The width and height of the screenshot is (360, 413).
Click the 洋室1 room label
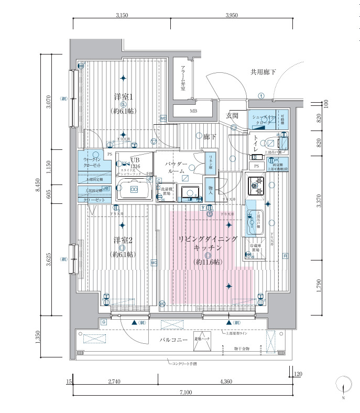tap(124, 97)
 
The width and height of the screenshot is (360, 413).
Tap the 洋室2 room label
tap(124, 241)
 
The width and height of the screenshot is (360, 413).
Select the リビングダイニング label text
tap(208, 239)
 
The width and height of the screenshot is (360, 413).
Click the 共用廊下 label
tap(263, 72)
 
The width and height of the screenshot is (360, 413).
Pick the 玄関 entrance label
tap(232, 115)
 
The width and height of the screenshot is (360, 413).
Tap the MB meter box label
tap(193, 111)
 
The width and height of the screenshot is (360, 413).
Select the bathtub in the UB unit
tap(134, 189)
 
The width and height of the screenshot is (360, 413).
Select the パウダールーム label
tap(176, 168)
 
